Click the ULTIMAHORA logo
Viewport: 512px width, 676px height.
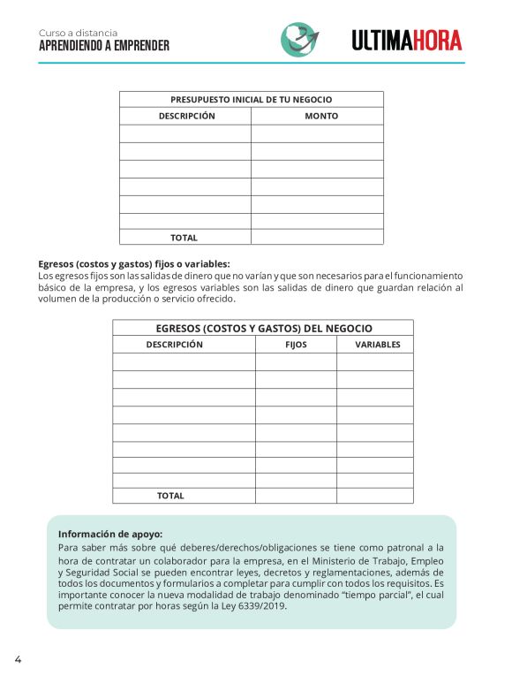tap(406, 40)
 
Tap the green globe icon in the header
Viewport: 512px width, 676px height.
tap(300, 39)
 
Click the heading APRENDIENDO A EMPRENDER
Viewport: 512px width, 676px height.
tap(104, 46)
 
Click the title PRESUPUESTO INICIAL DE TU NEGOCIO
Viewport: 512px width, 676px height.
tap(252, 100)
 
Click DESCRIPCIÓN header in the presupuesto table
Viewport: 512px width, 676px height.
tap(186, 116)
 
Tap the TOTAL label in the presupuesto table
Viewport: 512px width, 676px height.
tap(184, 238)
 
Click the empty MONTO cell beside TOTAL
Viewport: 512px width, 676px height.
tap(317, 237)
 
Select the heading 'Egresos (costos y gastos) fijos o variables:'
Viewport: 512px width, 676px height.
tap(134, 263)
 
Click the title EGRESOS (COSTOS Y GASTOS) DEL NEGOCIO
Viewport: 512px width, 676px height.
tap(263, 328)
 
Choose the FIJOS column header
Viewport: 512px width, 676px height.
tap(296, 345)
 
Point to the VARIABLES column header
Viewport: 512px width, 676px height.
tap(377, 345)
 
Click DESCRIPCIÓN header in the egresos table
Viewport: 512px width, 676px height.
tap(174, 345)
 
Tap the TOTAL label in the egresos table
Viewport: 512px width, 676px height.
tap(170, 496)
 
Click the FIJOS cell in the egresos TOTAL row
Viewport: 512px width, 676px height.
tap(296, 496)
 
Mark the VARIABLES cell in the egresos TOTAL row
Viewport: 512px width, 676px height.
tap(374, 496)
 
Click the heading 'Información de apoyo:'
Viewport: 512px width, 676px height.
tap(110, 534)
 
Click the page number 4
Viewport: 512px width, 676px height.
tap(17, 659)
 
